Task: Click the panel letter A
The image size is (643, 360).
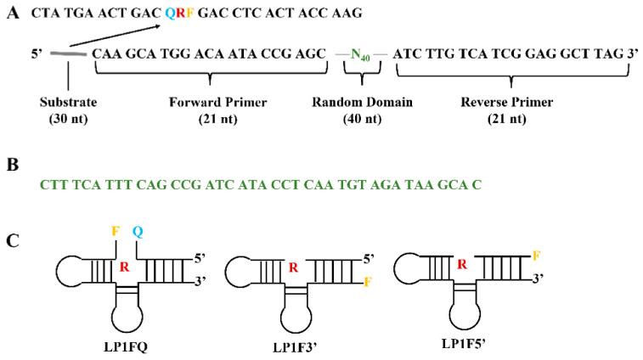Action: point(13,14)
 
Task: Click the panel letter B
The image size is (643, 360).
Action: point(13,164)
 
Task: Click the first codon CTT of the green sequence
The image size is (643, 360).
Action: point(49,184)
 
